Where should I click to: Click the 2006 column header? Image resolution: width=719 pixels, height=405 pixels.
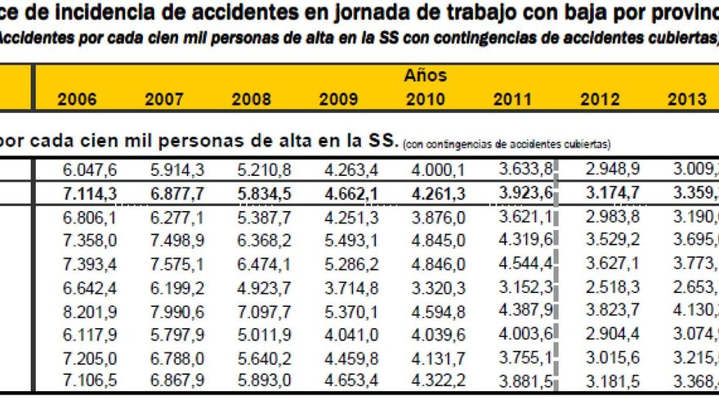click(x=77, y=100)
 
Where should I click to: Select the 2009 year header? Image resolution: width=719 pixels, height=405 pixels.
click(x=338, y=100)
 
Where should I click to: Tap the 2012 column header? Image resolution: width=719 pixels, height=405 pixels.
click(x=600, y=100)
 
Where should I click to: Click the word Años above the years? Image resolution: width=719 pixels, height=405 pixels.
click(x=425, y=75)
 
